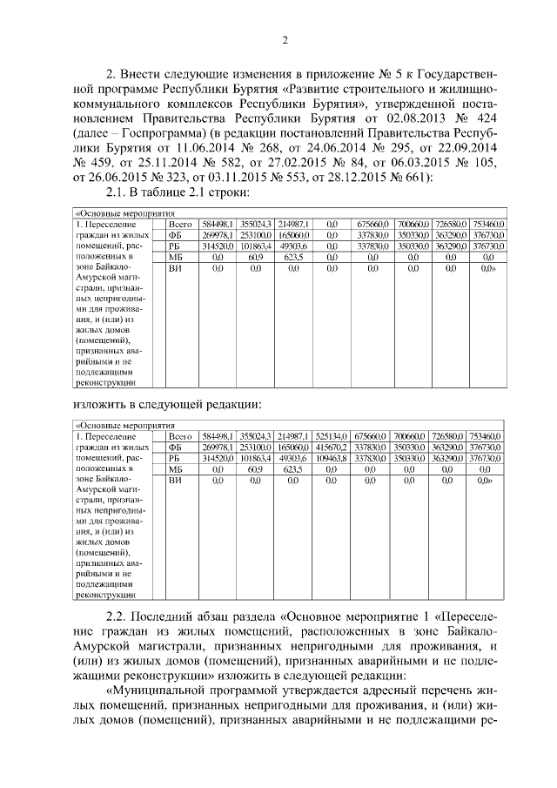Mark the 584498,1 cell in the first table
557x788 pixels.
[215, 224]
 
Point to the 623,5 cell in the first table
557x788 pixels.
[293, 258]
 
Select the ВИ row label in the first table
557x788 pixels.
[175, 269]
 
